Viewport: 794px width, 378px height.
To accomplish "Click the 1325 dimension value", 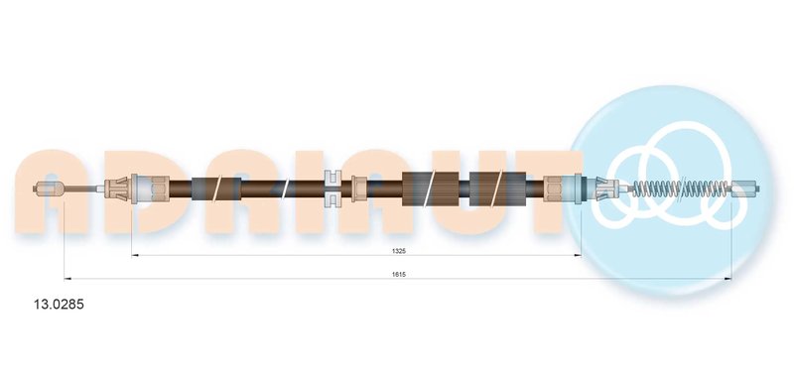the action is point(399,250).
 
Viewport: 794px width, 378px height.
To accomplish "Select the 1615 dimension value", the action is point(399,274).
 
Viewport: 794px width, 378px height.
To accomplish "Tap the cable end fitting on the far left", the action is point(48,189).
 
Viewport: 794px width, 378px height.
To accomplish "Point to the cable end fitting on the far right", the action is point(746,188).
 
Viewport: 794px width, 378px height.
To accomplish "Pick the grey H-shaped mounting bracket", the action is point(332,189).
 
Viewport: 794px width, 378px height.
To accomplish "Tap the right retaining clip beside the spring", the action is point(606,189).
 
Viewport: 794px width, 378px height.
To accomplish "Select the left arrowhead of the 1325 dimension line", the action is point(135,256).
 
